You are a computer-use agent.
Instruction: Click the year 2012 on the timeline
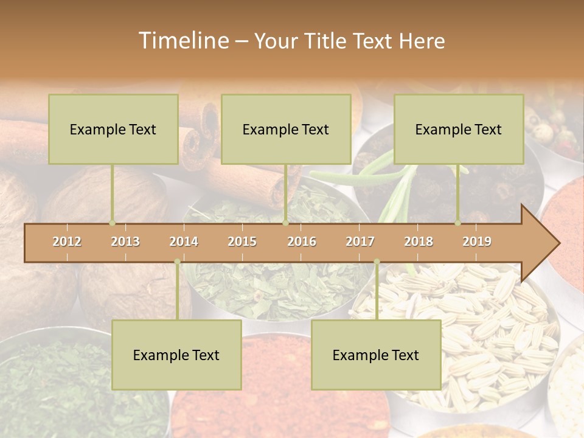[67, 242]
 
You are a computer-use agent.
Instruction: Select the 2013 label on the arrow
[125, 242]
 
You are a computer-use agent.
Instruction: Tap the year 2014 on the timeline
[184, 242]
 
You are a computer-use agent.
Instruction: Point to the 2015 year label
[242, 242]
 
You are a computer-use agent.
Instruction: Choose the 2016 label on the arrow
[302, 242]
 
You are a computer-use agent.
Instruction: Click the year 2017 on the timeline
[360, 242]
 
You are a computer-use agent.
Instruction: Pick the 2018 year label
[419, 242]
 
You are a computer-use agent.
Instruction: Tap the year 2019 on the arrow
[477, 242]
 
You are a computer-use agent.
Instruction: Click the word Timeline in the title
[182, 41]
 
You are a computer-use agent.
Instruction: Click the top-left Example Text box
[113, 129]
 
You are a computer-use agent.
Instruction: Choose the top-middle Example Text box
[286, 129]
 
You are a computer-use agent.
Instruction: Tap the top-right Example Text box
[459, 129]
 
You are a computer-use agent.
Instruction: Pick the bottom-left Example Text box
[176, 355]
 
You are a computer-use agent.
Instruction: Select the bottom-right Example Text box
[376, 355]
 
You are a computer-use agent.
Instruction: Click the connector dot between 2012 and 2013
[112, 223]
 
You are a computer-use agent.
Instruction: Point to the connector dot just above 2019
[457, 223]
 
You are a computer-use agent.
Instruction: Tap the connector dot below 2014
[177, 262]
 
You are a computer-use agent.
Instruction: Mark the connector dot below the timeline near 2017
[377, 262]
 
